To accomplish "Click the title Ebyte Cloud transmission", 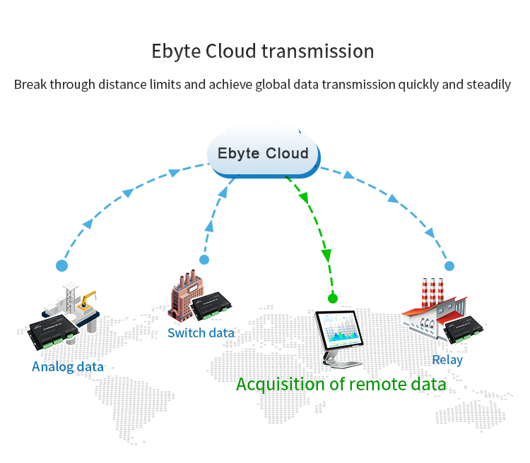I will (262, 52).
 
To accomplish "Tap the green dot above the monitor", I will (333, 299).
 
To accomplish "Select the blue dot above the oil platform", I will (62, 266).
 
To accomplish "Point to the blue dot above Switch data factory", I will (204, 260).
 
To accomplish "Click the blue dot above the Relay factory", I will (449, 266).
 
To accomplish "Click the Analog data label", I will (68, 366).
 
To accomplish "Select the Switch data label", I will (201, 332).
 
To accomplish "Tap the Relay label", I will (447, 360).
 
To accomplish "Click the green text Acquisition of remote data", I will (341, 385).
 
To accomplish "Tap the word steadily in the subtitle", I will (488, 85).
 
